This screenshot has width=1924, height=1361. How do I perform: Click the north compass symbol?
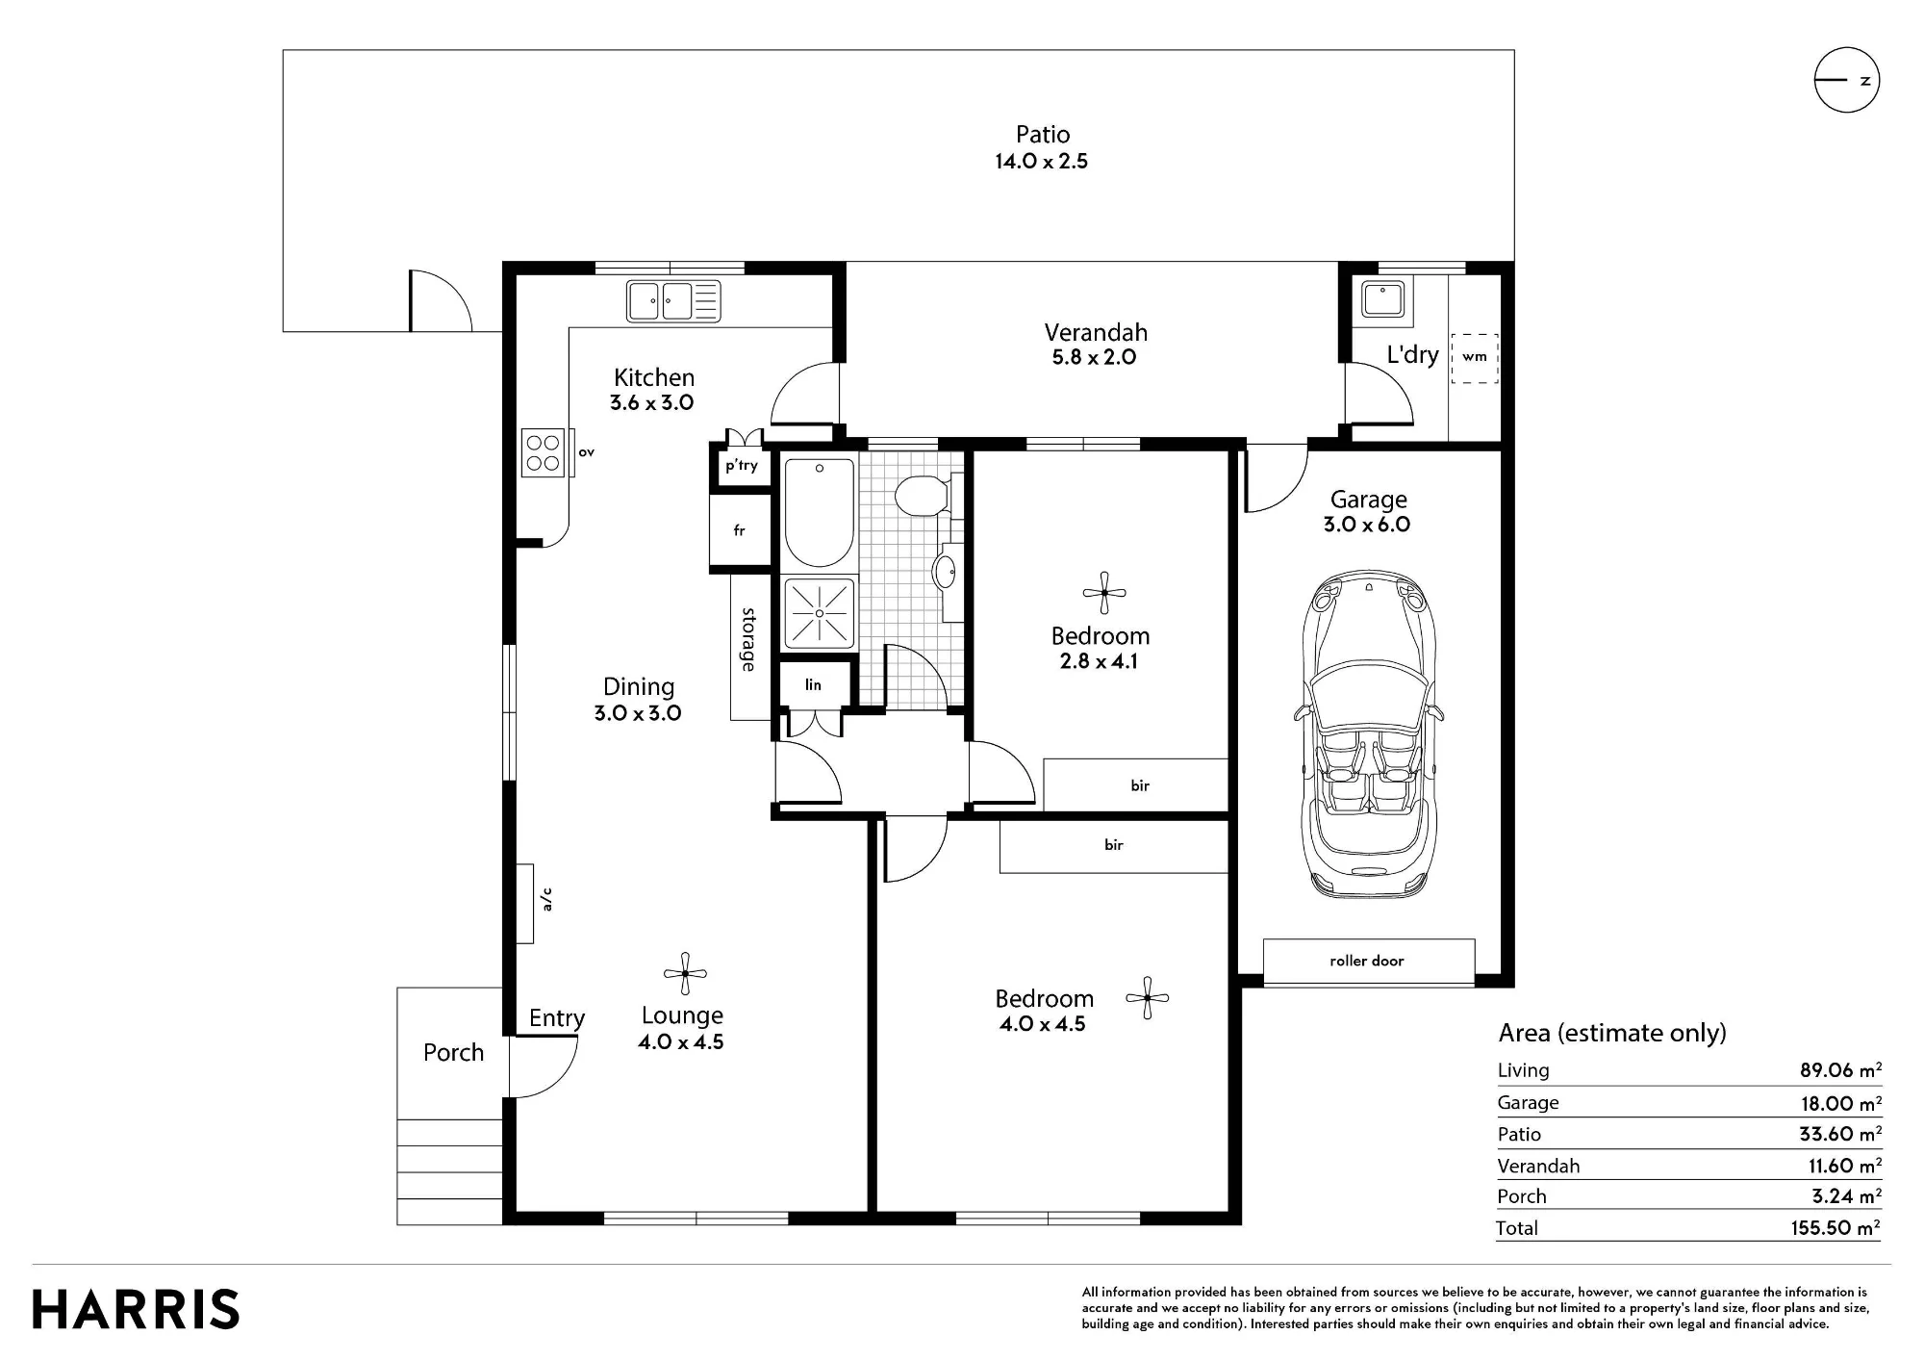pyautogui.click(x=1846, y=80)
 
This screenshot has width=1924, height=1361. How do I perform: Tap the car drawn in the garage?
pyautogui.click(x=1368, y=733)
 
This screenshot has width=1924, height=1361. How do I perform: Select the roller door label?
pyautogui.click(x=1367, y=961)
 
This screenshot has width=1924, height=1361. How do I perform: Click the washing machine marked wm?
pyautogui.click(x=1475, y=358)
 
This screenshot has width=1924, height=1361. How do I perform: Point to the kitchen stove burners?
pyautogui.click(x=544, y=452)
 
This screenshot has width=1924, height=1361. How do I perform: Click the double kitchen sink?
pyautogui.click(x=673, y=300)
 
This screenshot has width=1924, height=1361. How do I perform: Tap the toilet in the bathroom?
pyautogui.click(x=923, y=496)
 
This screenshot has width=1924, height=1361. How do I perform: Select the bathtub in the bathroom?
pyautogui.click(x=820, y=512)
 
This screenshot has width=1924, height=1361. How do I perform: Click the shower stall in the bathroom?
pyautogui.click(x=820, y=612)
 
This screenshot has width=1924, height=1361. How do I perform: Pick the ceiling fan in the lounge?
pyautogui.click(x=685, y=974)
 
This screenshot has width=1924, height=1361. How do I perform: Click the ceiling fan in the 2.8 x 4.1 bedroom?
pyautogui.click(x=1104, y=592)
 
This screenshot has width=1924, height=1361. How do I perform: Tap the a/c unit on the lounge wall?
pyautogui.click(x=525, y=904)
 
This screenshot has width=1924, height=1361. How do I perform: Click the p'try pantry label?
pyautogui.click(x=742, y=466)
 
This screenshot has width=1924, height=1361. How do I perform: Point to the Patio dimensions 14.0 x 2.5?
pyautogui.click(x=1042, y=161)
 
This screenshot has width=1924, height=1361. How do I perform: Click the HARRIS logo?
pyautogui.click(x=136, y=1310)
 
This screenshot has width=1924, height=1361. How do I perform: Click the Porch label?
pyautogui.click(x=453, y=1052)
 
